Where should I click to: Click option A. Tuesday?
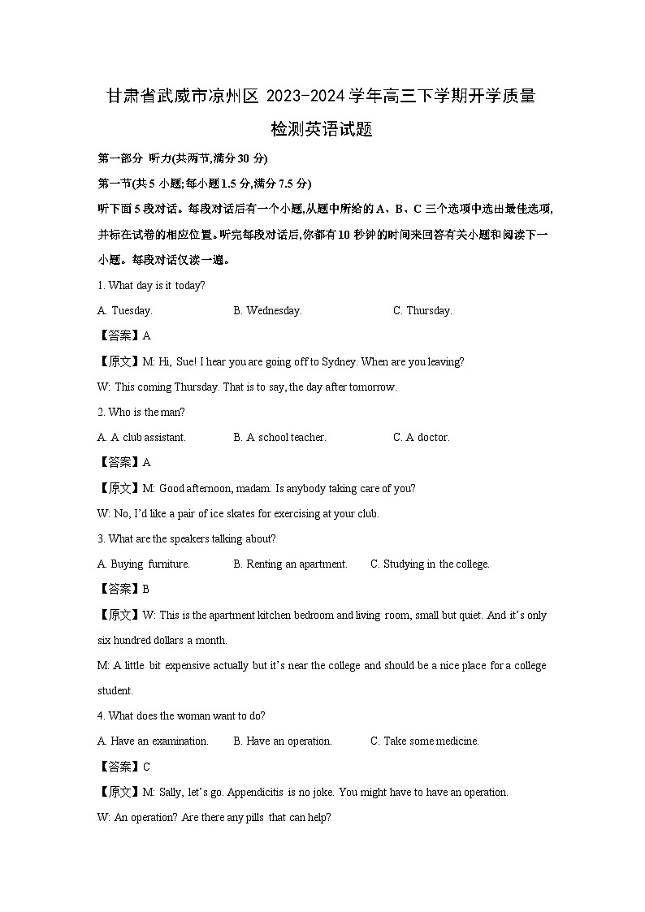pos(124,310)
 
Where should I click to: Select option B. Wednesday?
pos(267,310)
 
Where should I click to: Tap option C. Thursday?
pos(422,310)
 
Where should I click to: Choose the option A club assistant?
pos(141,437)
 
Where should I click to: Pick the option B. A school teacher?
pos(279,437)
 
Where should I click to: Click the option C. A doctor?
pos(421,437)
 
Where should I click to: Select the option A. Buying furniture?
pos(143,564)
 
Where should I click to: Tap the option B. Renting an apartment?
pos(290,564)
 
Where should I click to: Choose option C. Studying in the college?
pos(430,564)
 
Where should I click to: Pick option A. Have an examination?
pos(153,741)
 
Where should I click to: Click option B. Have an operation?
pos(282,741)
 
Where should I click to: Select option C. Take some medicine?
pos(424,741)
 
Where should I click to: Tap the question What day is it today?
pos(151,285)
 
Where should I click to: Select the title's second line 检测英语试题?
pos(322,129)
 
